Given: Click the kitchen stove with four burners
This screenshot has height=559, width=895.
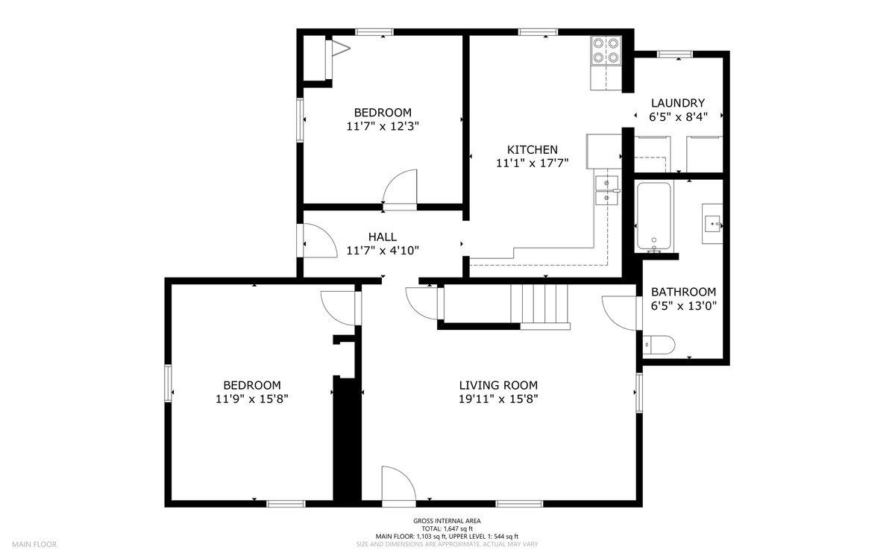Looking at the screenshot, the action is tap(606, 51).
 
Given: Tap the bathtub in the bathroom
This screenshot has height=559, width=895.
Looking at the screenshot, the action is tap(653, 216).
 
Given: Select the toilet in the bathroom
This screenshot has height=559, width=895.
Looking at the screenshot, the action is tap(659, 345).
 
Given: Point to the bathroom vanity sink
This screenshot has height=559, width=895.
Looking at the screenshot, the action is tap(712, 223).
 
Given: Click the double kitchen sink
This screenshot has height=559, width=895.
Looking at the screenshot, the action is tap(607, 190).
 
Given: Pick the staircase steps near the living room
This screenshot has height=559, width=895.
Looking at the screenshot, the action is tap(540, 304).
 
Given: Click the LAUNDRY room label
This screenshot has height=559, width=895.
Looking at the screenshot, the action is tap(678, 103).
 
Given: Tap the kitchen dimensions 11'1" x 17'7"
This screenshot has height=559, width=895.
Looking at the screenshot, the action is tap(533, 163).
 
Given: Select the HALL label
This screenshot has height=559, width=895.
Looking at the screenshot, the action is tap(383, 237).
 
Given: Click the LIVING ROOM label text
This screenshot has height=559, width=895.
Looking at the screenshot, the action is tap(498, 385).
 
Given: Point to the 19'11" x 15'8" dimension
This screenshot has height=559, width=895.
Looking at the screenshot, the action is tap(498, 399).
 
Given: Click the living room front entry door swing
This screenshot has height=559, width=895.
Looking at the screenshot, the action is tap(399, 483).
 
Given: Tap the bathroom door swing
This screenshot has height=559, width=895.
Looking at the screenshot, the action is tap(619, 313).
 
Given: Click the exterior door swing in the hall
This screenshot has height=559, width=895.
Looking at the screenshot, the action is tap(320, 240).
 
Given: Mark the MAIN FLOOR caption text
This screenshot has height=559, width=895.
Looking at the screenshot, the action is tap(34, 544).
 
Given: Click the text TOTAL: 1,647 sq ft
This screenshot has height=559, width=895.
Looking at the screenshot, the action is tap(447, 528).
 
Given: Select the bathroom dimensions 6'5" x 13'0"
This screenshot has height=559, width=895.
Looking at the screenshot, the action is tap(684, 306).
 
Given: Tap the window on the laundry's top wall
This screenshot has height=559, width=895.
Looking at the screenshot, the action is tap(675, 54).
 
